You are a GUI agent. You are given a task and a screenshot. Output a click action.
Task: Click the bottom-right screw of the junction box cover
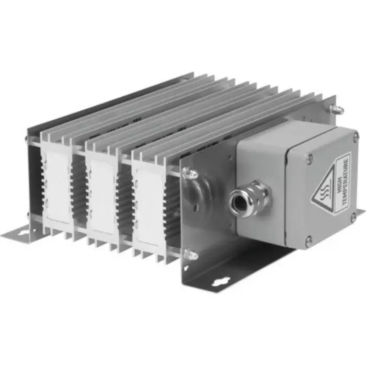[x=353, y=216]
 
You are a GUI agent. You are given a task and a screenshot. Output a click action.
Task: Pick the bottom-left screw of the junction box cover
[x=309, y=241]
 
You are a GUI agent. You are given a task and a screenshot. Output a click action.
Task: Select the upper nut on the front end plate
[x=190, y=174]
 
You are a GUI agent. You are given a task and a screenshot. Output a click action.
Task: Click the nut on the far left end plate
[x=27, y=139]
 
